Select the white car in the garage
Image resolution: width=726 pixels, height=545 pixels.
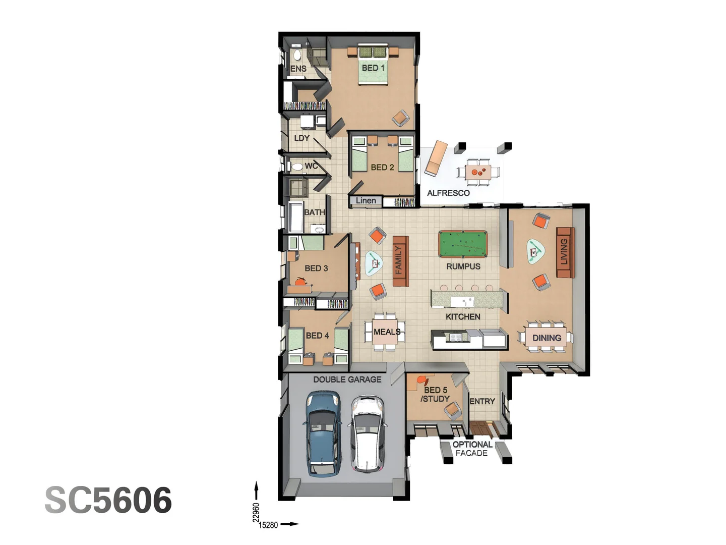[368, 434]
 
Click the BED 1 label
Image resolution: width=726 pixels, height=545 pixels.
[373, 68]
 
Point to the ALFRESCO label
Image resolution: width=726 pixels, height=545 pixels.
[448, 193]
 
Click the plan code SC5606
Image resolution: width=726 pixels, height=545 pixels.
[108, 500]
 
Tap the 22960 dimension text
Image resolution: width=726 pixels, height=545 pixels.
[256, 512]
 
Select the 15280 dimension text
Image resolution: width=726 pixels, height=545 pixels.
[268, 525]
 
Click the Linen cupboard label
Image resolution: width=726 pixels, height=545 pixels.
[366, 200]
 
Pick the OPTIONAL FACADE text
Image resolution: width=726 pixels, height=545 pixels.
[472, 449]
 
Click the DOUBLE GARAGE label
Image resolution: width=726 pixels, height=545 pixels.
[347, 379]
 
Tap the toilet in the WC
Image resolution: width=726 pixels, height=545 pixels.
[297, 167]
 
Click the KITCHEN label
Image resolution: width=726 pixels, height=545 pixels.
[463, 316]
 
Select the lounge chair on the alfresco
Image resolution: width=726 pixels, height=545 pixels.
[435, 157]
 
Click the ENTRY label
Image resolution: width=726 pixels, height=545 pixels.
[482, 401]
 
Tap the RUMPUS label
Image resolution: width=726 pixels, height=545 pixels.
[463, 266]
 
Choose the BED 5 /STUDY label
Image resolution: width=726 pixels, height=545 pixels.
[435, 394]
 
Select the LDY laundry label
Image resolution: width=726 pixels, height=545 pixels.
[301, 138]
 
